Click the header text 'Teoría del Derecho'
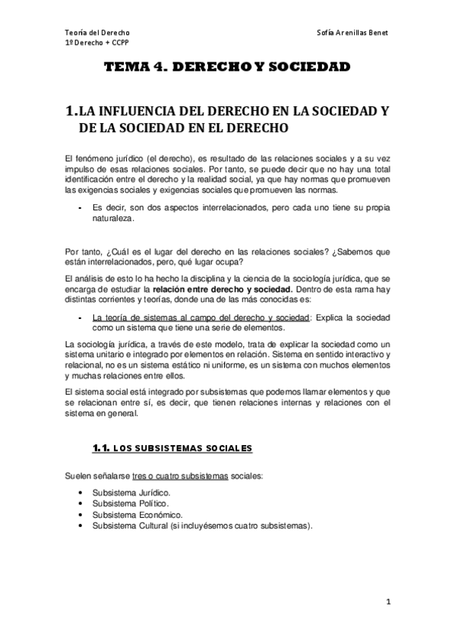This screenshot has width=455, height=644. coord(97,33)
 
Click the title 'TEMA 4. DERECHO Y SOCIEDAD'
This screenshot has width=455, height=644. coord(227,68)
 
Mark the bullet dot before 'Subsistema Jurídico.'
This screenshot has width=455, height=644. coord(80,492)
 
